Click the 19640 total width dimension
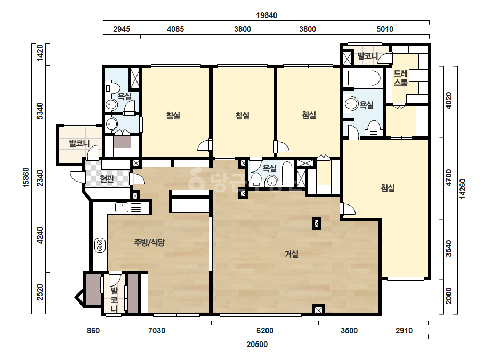267,15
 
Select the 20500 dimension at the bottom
257,345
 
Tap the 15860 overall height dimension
26,177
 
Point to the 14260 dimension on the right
462,189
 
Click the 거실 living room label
291,254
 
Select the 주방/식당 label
149,242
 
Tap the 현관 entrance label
107,179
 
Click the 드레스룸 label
401,78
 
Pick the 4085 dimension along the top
175,29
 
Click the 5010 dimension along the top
385,29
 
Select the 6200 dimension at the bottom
265,331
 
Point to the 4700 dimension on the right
449,178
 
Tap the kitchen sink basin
122,207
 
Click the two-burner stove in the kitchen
100,245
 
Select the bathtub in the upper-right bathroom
364,78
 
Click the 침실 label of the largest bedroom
388,188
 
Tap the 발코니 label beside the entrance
79,144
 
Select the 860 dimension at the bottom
93,331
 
